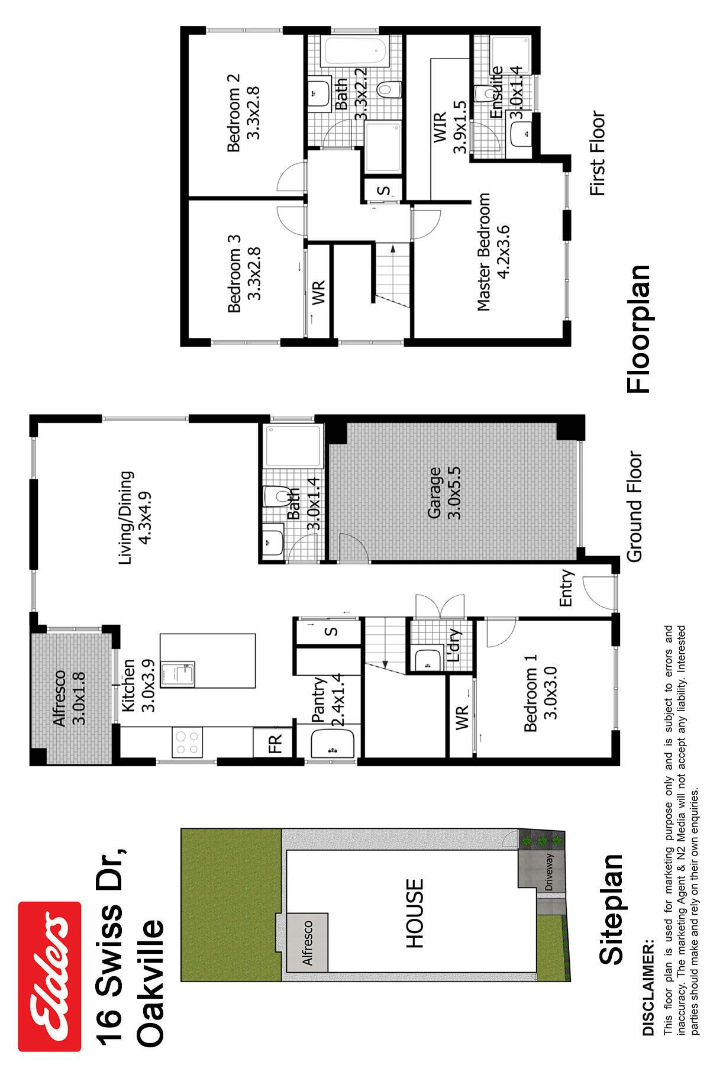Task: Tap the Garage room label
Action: coord(435,493)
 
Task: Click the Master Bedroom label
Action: coord(484,251)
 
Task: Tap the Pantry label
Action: coord(318,700)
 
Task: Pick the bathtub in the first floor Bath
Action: coord(354,51)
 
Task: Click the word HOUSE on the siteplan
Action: coord(415,914)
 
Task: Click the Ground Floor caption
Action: coord(634,507)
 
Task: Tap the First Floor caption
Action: coord(598,153)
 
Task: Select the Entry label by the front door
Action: coord(566,588)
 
